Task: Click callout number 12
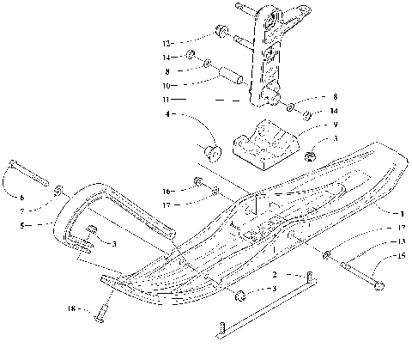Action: pos(167,41)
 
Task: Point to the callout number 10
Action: pos(167,86)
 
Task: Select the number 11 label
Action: pos(167,100)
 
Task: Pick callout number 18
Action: pos(72,306)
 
